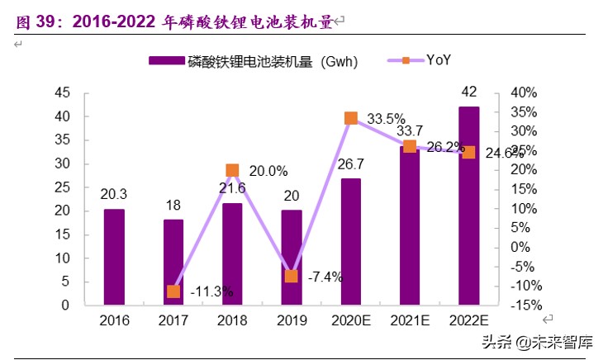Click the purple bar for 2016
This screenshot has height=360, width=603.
[x=114, y=257]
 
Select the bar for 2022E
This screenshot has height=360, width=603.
[x=468, y=206]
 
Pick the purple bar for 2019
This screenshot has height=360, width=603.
[x=292, y=257]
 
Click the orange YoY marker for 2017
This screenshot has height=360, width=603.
[x=173, y=291]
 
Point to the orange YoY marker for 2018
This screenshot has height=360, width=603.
[x=232, y=170]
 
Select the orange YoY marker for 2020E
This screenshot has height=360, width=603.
[x=350, y=118]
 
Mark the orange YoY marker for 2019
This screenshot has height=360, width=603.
[x=292, y=276]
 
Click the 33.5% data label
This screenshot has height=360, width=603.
[x=386, y=119]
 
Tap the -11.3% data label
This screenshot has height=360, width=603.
[x=211, y=291]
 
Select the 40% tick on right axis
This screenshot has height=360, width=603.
[x=524, y=92]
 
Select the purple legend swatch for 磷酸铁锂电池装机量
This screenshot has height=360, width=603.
[x=165, y=60]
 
